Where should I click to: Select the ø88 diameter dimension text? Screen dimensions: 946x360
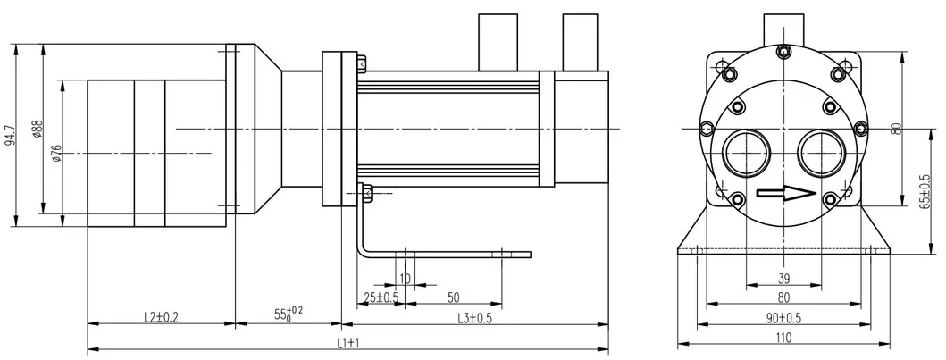click(38, 129)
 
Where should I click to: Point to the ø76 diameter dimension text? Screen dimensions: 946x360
click(56, 154)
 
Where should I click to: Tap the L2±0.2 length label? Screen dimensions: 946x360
click(161, 317)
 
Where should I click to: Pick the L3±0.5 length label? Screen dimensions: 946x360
click(474, 318)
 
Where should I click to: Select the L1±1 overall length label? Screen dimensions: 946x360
click(348, 342)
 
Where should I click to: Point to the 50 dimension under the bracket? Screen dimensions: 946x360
click(453, 297)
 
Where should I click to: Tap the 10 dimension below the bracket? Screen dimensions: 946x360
click(405, 279)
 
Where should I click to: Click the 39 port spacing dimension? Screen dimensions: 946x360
click(783, 279)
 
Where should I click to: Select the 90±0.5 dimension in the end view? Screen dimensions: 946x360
click(783, 318)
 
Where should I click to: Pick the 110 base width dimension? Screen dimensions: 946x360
click(783, 339)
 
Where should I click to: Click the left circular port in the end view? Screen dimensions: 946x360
click(747, 153)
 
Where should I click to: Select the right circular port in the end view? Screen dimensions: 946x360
click(821, 153)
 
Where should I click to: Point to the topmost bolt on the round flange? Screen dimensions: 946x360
click(783, 52)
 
